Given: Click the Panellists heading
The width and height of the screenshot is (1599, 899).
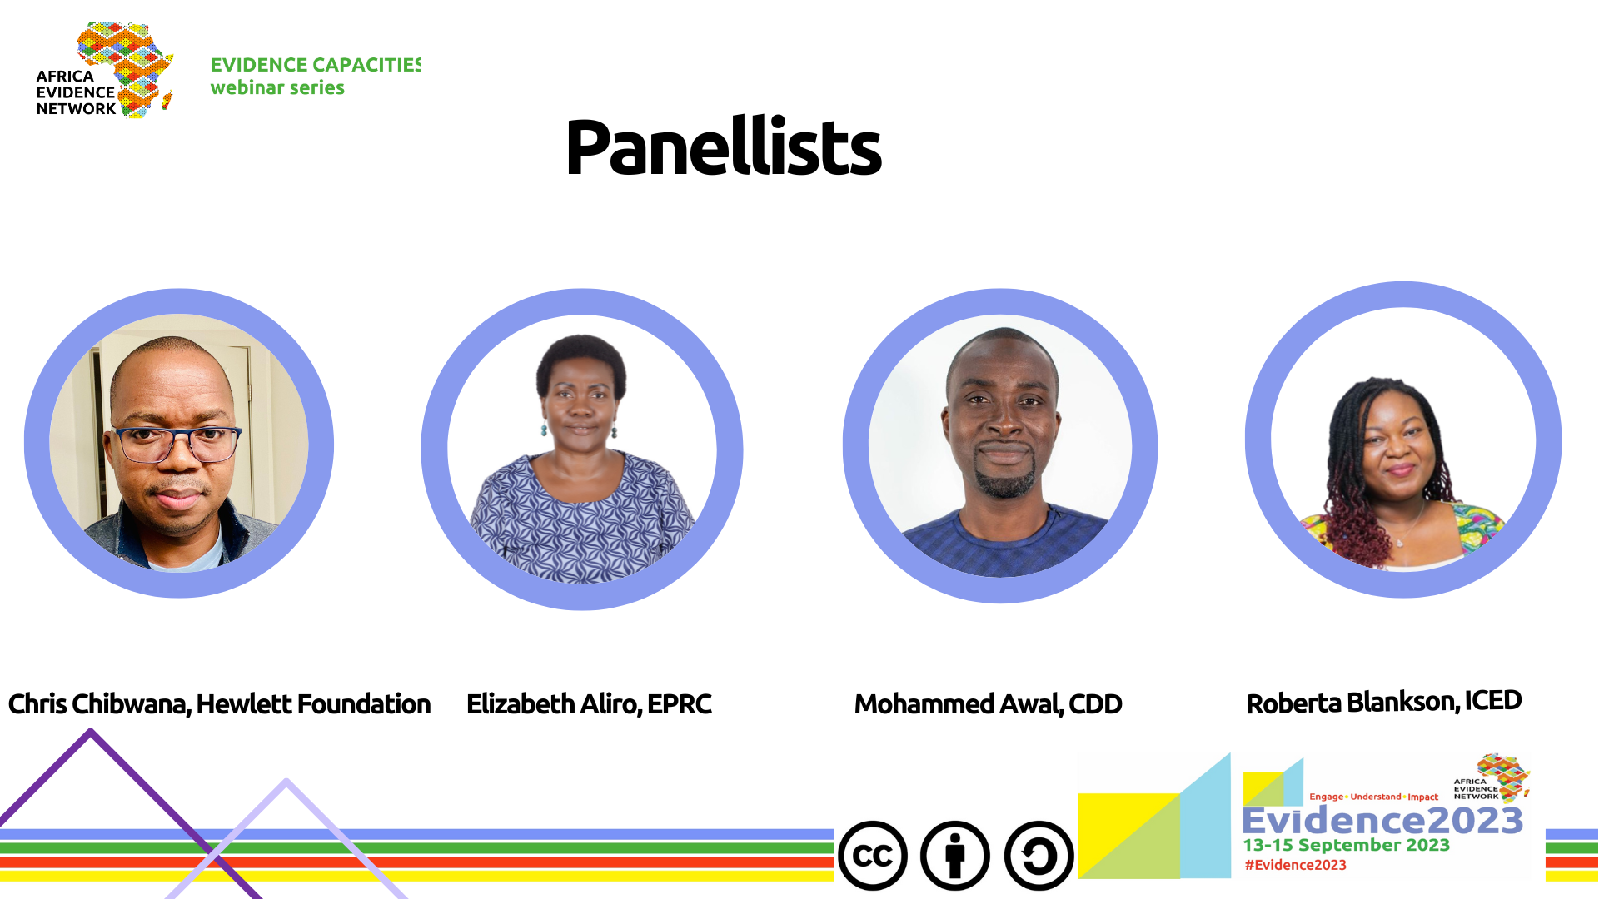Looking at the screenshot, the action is [x=723, y=147].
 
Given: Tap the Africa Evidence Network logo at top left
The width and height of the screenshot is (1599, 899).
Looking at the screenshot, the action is [x=105, y=71].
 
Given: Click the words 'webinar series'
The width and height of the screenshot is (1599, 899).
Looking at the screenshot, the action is [x=277, y=87].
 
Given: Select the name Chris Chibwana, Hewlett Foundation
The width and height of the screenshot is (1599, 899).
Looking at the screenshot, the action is [x=219, y=704].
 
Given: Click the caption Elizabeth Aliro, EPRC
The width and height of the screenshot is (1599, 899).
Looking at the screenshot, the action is [x=589, y=704].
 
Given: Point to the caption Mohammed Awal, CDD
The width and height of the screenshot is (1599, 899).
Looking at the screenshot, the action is [x=988, y=704].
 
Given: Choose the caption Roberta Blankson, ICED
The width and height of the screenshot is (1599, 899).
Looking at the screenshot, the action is [x=1383, y=703].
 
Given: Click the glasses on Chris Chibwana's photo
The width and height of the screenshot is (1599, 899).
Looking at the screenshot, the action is [x=177, y=444].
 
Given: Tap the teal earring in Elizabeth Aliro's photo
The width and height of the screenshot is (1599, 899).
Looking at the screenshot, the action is [x=544, y=429].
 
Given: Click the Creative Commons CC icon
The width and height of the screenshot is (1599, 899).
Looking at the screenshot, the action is [x=872, y=856].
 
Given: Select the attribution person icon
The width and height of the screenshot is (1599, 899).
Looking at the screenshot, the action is [x=955, y=856].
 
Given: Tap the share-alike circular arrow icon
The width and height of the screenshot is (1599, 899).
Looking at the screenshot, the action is [x=1039, y=856].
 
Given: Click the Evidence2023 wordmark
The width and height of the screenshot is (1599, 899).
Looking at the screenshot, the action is [x=1382, y=822].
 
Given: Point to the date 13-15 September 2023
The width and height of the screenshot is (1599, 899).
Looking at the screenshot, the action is [x=1346, y=845].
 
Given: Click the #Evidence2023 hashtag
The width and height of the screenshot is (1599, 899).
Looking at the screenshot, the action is [x=1295, y=865].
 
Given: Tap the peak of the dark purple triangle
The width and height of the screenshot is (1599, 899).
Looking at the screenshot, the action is [x=91, y=731].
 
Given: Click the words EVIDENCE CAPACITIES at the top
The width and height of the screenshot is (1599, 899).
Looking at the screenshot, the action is [x=316, y=65].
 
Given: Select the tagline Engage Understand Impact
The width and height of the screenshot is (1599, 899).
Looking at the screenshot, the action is [x=1373, y=797].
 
